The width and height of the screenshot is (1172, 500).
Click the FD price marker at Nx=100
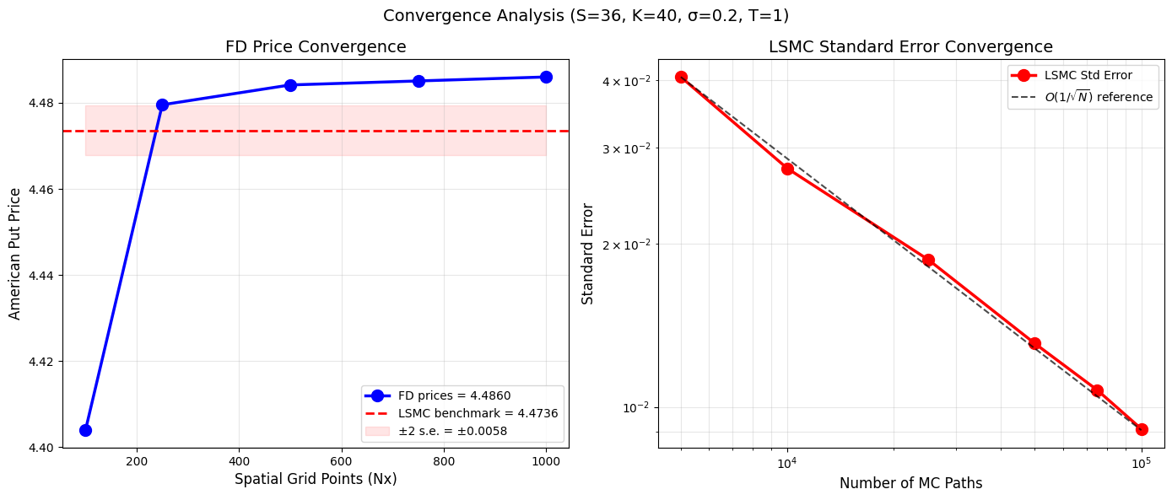pos(85,430)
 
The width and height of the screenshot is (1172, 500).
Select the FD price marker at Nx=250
pos(162,105)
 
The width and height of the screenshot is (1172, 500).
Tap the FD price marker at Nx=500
pos(290,85)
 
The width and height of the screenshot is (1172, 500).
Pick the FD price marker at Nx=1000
pos(546,77)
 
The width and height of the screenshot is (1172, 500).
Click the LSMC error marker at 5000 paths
pos(681,77)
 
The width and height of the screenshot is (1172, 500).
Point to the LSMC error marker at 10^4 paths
pos(787,169)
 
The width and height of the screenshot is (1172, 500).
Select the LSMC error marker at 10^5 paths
pos(1142,429)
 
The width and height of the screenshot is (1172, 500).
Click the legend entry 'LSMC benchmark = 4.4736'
pos(478,413)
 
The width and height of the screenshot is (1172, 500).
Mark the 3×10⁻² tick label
pos(629,148)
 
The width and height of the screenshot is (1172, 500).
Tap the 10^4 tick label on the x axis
pos(787,462)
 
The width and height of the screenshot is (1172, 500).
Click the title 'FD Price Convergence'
pos(316,47)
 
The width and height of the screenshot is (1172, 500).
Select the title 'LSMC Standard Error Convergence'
pos(910,47)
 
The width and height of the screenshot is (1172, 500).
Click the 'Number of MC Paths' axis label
pos(910,483)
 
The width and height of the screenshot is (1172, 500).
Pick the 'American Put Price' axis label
pos(15,253)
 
